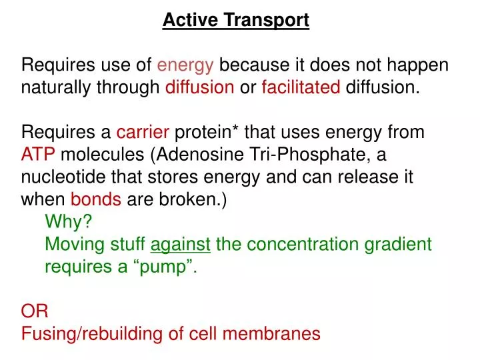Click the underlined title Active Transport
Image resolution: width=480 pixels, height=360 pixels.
point(236,21)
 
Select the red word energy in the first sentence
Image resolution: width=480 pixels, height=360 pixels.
point(185,65)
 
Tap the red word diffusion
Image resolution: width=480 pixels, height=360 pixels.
point(199,87)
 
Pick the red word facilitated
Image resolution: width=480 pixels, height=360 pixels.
point(301,87)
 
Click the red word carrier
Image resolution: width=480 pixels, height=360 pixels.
point(143,133)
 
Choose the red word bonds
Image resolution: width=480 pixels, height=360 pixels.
point(96,200)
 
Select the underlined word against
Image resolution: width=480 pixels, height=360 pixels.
point(181,245)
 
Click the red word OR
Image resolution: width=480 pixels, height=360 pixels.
point(35,311)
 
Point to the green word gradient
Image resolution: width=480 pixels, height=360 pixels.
point(398,245)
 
